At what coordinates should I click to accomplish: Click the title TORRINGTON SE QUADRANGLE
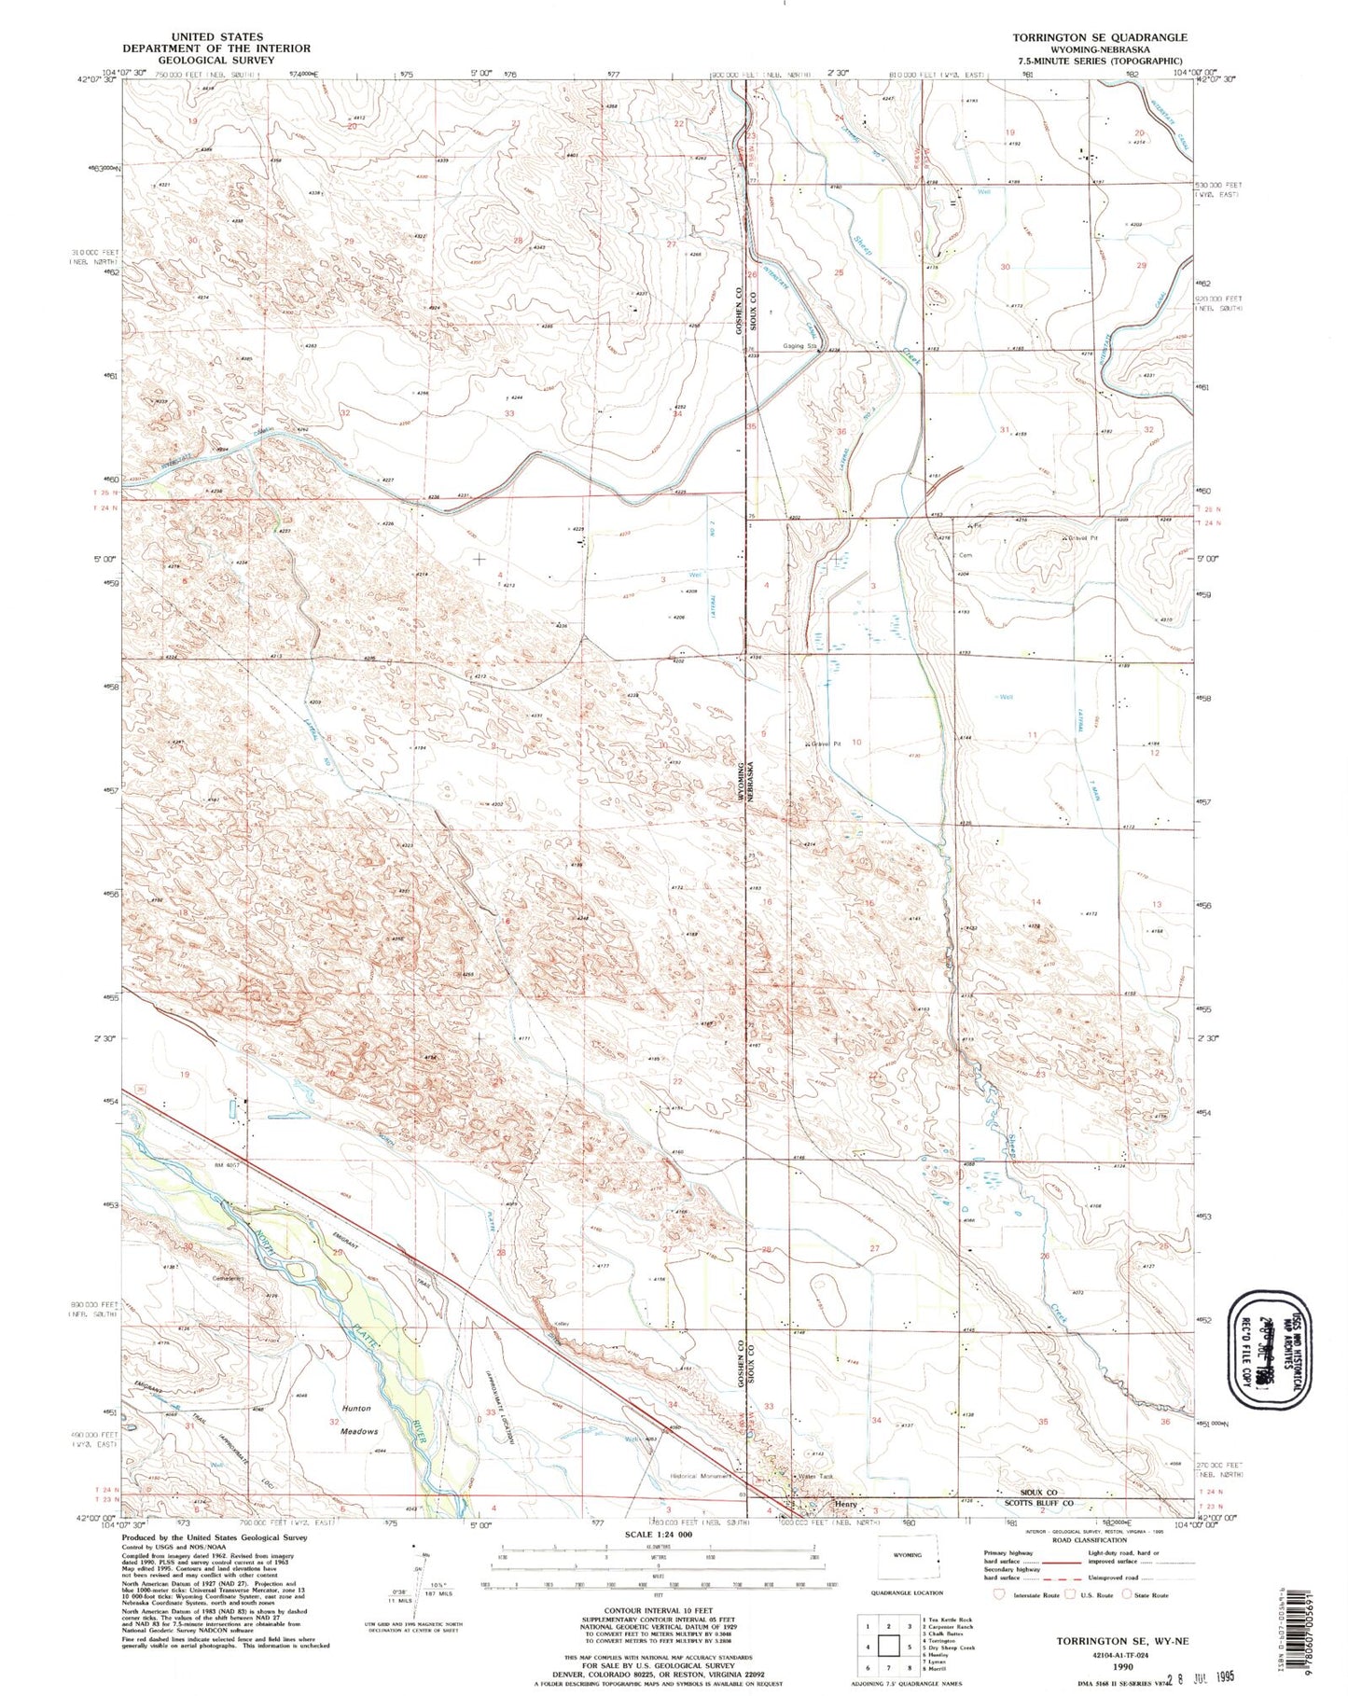tap(1100, 37)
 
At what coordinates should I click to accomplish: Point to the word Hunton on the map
tap(356, 1408)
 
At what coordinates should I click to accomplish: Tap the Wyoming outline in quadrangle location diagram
tap(908, 1556)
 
